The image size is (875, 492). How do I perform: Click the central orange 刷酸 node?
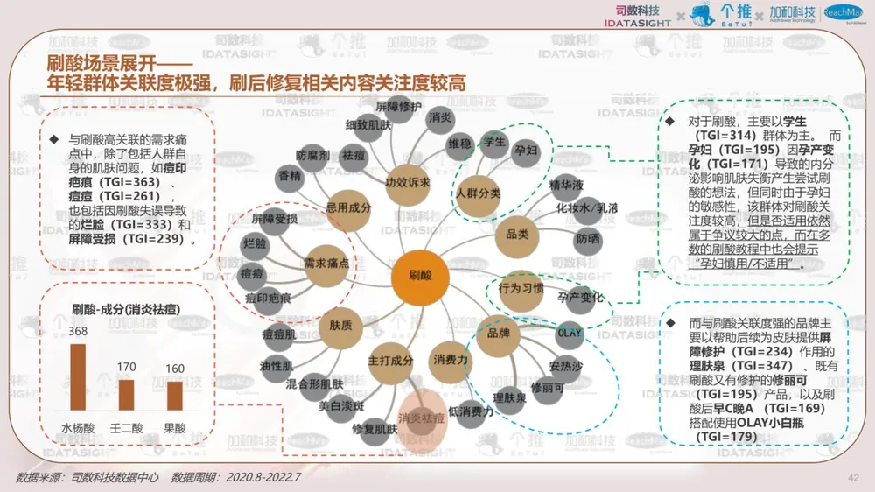coord(420,277)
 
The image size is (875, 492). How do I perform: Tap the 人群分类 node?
coord(478,192)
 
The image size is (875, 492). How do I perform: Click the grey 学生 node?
coord(494,142)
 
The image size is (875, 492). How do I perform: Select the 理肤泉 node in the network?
coord(507,397)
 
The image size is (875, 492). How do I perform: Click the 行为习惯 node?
coord(521,287)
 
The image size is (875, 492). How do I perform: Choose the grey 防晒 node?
coord(588,237)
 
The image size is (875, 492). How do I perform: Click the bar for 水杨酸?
coord(78,376)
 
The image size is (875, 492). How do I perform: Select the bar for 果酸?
coord(175,395)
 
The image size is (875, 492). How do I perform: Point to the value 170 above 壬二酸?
coord(127,367)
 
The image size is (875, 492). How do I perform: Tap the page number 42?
coord(854,477)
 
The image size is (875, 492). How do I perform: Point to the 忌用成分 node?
coord(349,208)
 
